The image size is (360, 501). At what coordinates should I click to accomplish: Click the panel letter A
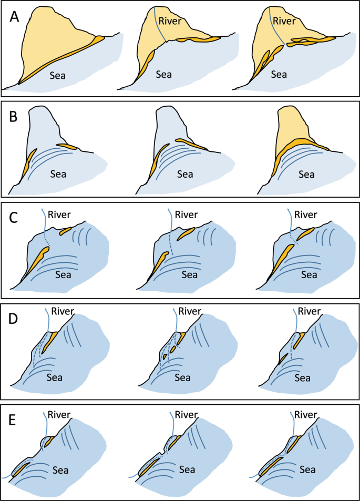16,17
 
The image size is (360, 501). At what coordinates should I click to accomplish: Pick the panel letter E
16,419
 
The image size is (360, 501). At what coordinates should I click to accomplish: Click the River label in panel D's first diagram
64,312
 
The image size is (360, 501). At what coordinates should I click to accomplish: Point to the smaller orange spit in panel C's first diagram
66,230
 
